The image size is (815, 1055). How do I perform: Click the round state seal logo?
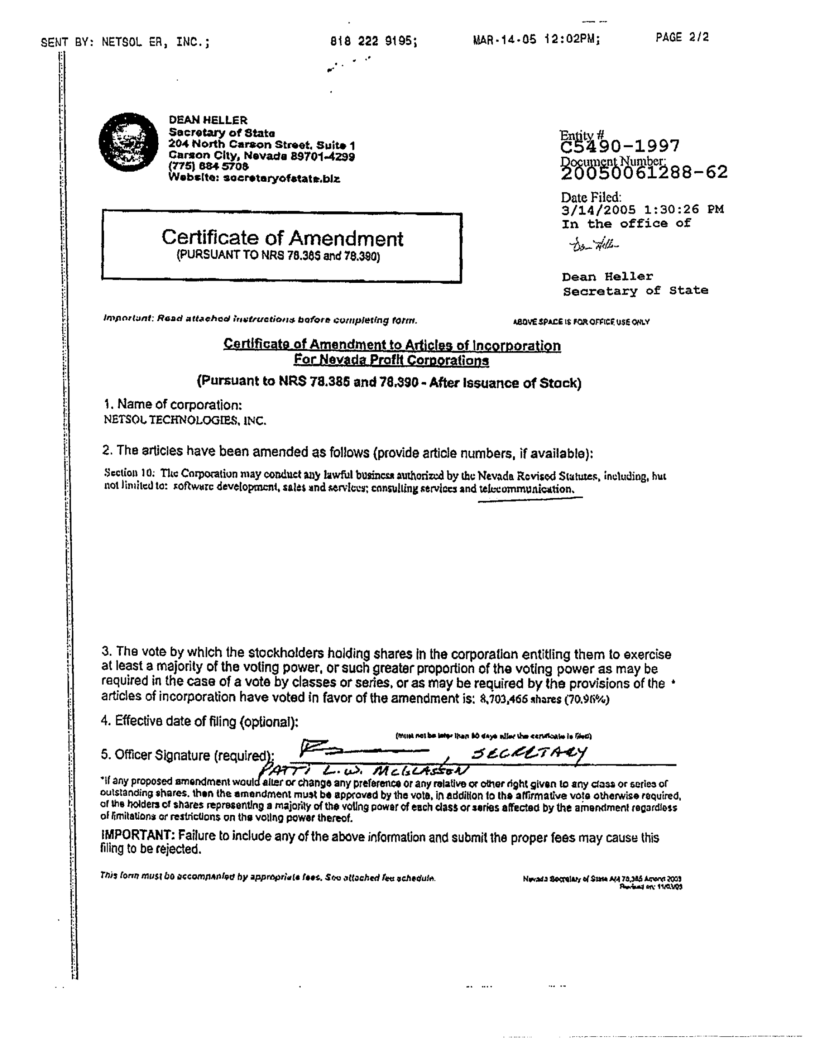click(x=129, y=142)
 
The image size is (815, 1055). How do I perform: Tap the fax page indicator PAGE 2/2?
click(x=682, y=37)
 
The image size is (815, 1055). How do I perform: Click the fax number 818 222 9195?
click(x=373, y=41)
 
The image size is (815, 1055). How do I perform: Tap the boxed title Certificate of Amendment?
click(x=282, y=238)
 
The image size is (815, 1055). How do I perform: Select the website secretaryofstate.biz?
click(x=282, y=178)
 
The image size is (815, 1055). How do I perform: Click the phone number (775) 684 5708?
click(x=208, y=166)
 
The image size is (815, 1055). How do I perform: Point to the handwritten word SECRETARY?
click(x=529, y=753)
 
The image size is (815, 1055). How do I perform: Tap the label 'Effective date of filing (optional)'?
click(x=200, y=722)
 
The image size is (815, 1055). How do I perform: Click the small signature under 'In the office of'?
click(x=594, y=245)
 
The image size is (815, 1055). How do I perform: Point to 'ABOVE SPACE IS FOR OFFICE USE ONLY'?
click(x=581, y=322)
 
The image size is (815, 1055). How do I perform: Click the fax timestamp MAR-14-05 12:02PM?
click(x=536, y=40)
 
